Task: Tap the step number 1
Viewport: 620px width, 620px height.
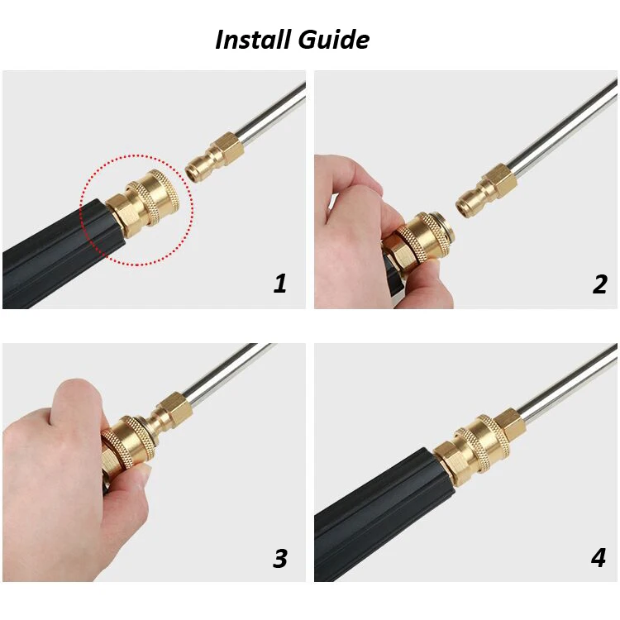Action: [x=280, y=284]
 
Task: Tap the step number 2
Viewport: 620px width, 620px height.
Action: [x=599, y=284]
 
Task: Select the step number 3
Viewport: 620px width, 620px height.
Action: [x=280, y=559]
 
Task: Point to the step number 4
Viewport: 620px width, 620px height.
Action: [x=599, y=558]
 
